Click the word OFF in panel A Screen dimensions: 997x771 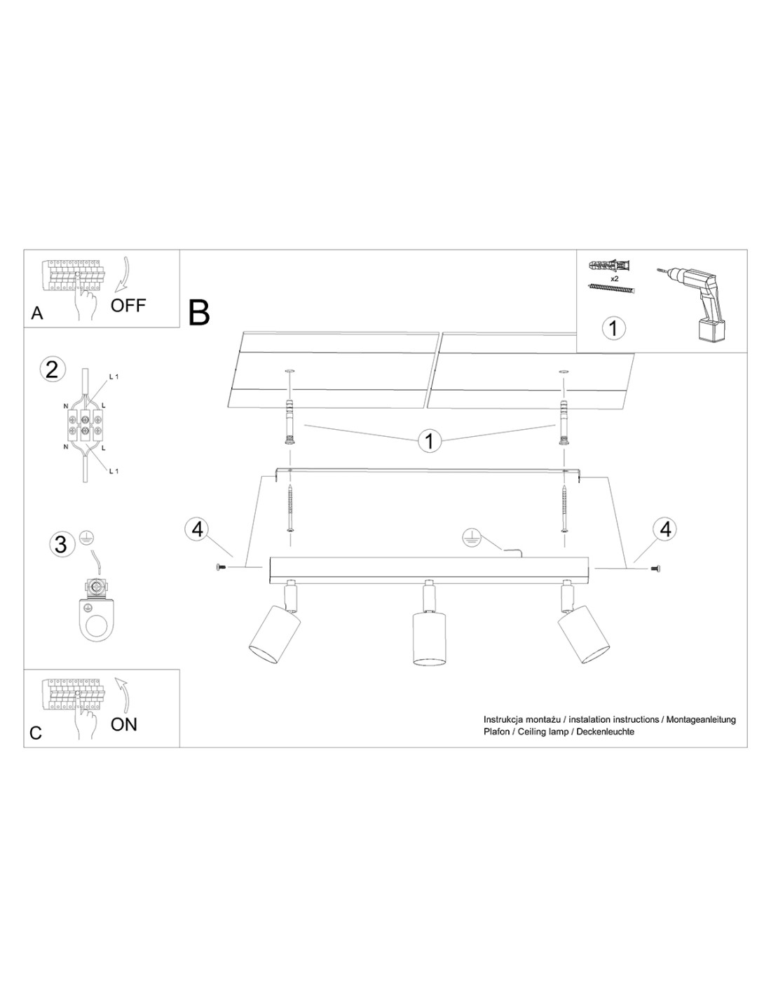tap(128, 305)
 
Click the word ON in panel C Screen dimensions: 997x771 tap(124, 724)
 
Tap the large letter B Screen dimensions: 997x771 tap(200, 313)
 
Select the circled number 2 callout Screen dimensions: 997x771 tap(52, 369)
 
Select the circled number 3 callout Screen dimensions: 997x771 tap(60, 543)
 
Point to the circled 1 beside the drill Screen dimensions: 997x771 tap(614, 327)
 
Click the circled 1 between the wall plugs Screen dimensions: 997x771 tap(429, 441)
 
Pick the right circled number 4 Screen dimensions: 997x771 tap(665, 529)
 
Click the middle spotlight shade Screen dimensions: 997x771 tap(428, 636)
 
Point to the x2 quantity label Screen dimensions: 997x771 tap(614, 278)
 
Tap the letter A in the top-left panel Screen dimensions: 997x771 tap(37, 313)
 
